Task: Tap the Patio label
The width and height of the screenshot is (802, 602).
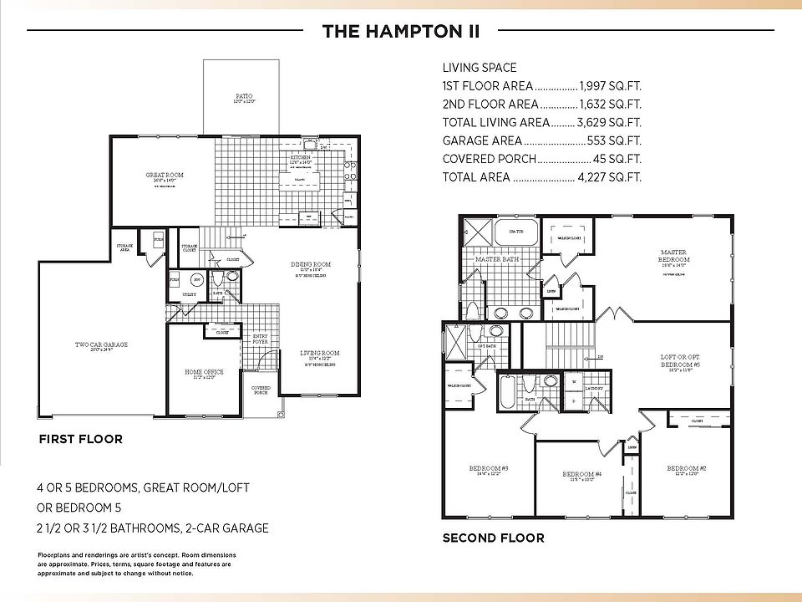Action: pos(244,97)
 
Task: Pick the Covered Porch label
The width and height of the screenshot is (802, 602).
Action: pos(261,390)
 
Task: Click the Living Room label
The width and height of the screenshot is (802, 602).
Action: pos(320,354)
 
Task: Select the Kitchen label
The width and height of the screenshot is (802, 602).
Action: pos(300,157)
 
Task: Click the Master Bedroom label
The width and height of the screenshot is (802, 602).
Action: pos(673,253)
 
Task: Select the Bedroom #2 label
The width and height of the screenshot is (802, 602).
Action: pos(687,469)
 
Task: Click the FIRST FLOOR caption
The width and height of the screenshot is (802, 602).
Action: pos(80,439)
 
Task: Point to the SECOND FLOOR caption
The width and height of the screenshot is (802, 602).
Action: pos(493,538)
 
